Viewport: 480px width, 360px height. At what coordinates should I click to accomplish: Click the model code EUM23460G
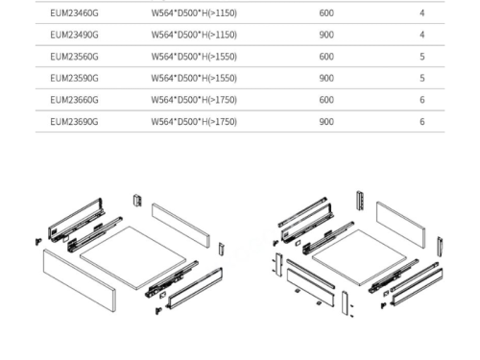[x=74, y=13]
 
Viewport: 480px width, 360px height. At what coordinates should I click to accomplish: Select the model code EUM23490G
[x=74, y=35]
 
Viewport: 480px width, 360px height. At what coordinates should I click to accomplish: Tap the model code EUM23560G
[x=74, y=57]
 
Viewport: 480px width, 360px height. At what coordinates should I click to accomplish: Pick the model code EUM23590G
[x=74, y=78]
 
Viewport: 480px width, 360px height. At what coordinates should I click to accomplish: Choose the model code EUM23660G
[x=74, y=100]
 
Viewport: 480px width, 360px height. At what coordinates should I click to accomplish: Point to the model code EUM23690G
[x=74, y=122]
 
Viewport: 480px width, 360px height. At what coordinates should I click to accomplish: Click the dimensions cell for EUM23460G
[x=194, y=13]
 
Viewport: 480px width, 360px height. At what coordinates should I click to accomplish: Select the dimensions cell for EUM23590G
[x=194, y=78]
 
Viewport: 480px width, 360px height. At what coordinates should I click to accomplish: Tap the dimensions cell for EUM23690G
[x=194, y=122]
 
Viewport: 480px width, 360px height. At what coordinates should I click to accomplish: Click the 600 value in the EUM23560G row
[x=326, y=57]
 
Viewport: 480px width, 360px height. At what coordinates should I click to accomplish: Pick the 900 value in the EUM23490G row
[x=326, y=35]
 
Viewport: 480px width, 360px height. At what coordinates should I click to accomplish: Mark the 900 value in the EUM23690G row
[x=326, y=122]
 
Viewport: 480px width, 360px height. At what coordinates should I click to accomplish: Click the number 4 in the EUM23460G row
[x=422, y=13]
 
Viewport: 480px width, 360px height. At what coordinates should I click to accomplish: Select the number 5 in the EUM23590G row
[x=422, y=78]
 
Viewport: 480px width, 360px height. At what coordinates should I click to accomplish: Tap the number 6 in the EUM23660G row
[x=422, y=100]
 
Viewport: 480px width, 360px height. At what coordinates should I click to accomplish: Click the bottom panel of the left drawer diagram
[x=132, y=257]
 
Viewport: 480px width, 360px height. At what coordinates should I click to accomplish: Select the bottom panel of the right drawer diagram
[x=359, y=257]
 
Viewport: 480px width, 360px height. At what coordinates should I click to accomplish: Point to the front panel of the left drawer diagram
[x=80, y=280]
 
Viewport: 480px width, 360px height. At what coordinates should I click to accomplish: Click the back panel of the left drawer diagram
[x=180, y=225]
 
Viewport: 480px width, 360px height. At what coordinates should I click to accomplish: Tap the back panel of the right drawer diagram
[x=401, y=225]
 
